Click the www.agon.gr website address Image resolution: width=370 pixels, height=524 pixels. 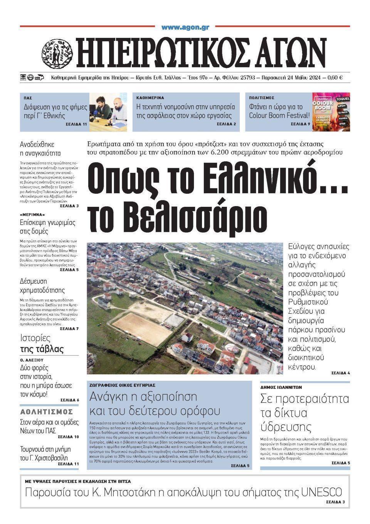(185, 27)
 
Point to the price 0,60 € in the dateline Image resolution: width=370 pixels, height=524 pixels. (335, 77)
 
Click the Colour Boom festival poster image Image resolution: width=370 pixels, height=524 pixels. (331, 112)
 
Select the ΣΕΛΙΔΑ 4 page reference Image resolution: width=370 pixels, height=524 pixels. (340, 373)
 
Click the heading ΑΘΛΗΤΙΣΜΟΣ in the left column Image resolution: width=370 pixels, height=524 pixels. (47, 411)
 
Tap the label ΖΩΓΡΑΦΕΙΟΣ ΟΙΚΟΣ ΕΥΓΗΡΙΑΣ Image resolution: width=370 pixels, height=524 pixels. (122, 385)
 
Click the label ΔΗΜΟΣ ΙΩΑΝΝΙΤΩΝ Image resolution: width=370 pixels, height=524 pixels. (281, 387)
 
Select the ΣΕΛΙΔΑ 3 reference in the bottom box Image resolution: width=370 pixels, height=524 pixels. (335, 502)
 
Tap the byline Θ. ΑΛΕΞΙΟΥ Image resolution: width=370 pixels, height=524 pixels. (32, 359)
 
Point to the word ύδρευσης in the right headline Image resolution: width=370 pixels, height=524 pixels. (286, 427)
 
